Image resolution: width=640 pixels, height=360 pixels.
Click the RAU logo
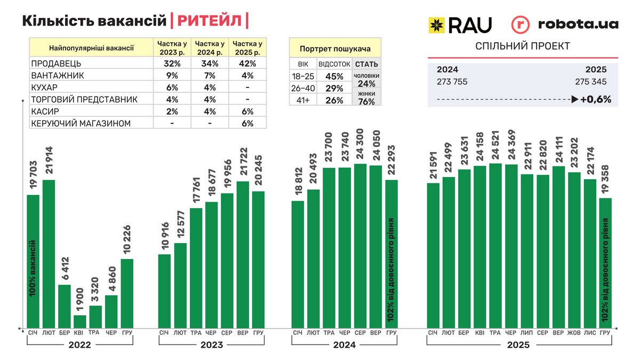(x=460, y=25)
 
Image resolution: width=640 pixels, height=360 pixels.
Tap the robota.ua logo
(x=565, y=25)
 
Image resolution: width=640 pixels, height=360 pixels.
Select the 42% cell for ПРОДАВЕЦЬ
(x=247, y=63)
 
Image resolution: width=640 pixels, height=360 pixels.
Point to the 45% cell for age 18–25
(x=334, y=76)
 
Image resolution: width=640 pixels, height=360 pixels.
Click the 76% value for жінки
(x=366, y=102)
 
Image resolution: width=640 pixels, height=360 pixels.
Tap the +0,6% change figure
(x=595, y=99)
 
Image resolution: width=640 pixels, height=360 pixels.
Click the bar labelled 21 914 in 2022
(x=49, y=253)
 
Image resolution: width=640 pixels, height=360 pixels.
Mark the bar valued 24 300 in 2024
(x=360, y=245)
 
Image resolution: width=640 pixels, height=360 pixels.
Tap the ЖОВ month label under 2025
(x=574, y=333)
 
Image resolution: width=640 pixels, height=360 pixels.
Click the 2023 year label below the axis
(x=212, y=345)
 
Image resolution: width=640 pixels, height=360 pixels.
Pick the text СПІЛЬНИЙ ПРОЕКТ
(x=523, y=46)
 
